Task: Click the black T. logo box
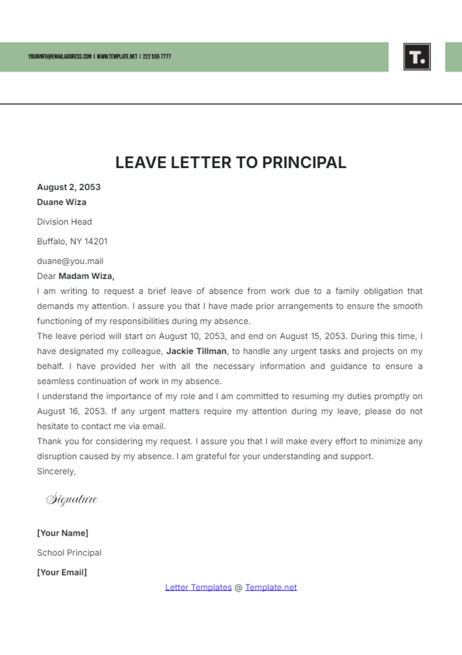(x=417, y=57)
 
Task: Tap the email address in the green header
(x=60, y=57)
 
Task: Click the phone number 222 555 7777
(x=157, y=57)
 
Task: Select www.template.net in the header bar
(x=117, y=57)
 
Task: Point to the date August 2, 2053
(x=69, y=187)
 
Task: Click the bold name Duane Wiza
(x=62, y=202)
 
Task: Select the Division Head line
(x=64, y=222)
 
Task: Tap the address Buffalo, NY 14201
(x=72, y=241)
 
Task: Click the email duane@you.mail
(x=70, y=261)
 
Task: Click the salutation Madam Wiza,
(x=86, y=276)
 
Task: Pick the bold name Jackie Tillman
(x=196, y=351)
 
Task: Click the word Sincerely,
(x=56, y=471)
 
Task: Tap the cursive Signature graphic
(x=72, y=499)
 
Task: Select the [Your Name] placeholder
(x=62, y=533)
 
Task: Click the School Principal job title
(x=69, y=553)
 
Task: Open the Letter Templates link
(x=198, y=587)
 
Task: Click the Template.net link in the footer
(x=271, y=587)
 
